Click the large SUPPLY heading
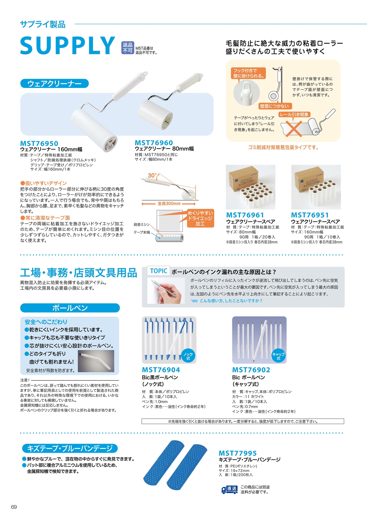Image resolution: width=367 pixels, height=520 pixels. [x=67, y=45]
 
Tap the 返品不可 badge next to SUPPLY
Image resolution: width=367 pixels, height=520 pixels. [x=128, y=48]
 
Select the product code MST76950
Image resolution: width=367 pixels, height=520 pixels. [x=39, y=143]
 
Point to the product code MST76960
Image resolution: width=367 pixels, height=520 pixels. [x=154, y=143]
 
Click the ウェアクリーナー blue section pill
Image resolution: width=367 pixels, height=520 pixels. [x=54, y=84]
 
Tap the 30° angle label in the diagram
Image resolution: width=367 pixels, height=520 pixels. [x=152, y=176]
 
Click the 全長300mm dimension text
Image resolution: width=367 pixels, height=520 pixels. [x=169, y=204]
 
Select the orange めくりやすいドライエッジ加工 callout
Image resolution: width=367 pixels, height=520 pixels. [x=200, y=218]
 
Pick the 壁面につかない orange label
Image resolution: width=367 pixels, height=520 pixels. [x=274, y=106]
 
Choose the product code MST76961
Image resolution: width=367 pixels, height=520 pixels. [x=245, y=215]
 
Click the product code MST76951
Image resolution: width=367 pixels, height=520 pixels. [x=310, y=215]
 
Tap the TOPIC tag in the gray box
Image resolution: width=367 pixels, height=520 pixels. [x=159, y=271]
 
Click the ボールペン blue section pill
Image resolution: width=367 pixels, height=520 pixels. [x=70, y=308]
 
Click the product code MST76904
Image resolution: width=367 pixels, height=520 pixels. [x=161, y=370]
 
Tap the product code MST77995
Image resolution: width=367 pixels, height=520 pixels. [x=238, y=453]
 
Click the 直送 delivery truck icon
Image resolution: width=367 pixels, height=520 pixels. [x=230, y=490]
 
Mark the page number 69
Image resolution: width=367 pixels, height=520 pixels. [x=14, y=507]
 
